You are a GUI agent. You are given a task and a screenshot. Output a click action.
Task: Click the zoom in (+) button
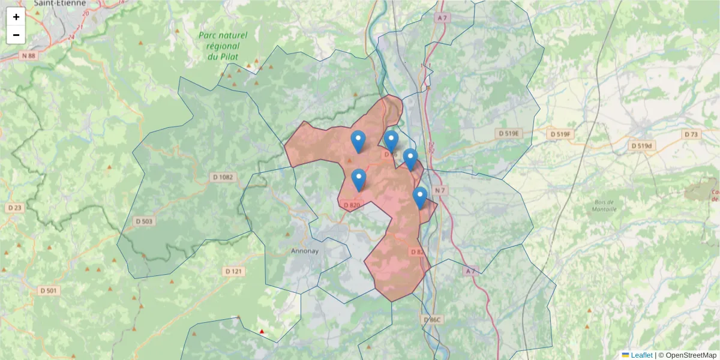(16, 17)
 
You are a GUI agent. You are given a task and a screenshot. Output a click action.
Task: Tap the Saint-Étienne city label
(58, 4)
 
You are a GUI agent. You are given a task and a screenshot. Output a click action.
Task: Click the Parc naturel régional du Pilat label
(219, 46)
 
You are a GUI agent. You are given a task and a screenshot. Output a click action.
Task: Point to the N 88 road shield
(28, 56)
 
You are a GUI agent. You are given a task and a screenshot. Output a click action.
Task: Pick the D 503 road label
(144, 221)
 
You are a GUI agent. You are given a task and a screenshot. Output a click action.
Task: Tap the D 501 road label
(51, 291)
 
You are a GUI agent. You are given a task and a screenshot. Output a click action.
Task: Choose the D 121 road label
(235, 271)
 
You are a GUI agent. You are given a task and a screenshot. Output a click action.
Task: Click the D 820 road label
(352, 205)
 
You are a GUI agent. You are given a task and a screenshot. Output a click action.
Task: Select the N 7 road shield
(440, 191)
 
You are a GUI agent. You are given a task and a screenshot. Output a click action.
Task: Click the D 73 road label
(691, 134)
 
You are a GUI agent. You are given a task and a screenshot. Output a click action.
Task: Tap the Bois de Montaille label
(604, 206)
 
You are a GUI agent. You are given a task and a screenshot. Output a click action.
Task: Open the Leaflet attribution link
(641, 355)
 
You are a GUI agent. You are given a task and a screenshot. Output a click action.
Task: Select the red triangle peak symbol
(262, 332)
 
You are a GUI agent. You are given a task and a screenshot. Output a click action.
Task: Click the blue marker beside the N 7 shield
(420, 197)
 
